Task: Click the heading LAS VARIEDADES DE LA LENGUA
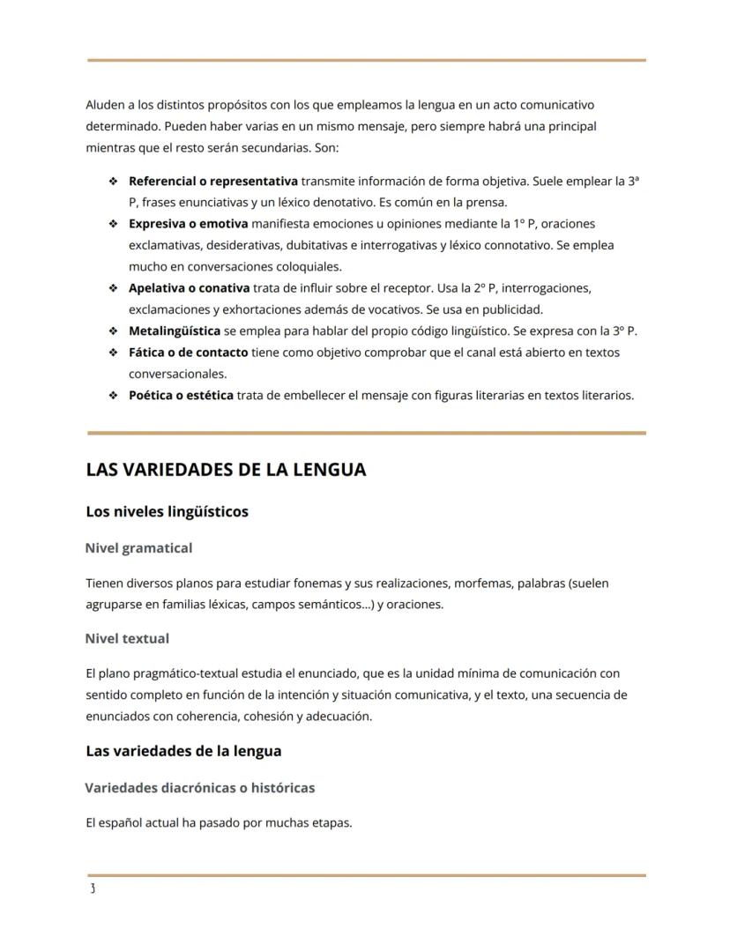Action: pos(226,470)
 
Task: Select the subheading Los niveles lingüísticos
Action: pos(167,511)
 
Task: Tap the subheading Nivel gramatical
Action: pos(138,548)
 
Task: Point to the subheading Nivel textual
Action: pos(127,638)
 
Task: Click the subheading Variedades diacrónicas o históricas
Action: pos(200,788)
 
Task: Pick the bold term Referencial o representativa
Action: pos(212,182)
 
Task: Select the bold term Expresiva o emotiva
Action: pos(188,224)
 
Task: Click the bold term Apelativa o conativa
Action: pos(190,288)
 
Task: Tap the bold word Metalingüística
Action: pos(175,331)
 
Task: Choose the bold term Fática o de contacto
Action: pos(188,353)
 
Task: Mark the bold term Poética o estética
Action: pos(181,396)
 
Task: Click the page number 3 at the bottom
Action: pos(92,888)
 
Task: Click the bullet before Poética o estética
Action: pos(113,396)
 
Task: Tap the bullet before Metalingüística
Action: pos(113,331)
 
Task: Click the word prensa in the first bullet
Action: pos(488,203)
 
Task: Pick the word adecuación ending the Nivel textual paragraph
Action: pos(339,717)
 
